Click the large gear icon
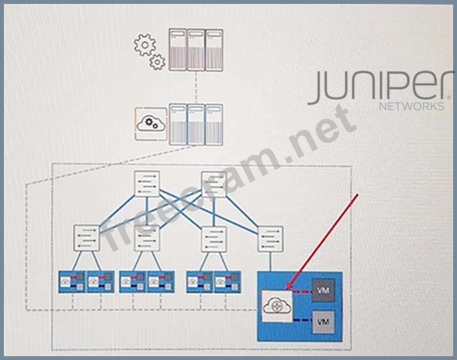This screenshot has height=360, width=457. [x=145, y=45]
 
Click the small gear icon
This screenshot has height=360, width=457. [x=157, y=62]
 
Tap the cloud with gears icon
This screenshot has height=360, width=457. [x=151, y=124]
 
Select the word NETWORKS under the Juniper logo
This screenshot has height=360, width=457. [x=412, y=106]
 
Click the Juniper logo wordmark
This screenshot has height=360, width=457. [x=380, y=87]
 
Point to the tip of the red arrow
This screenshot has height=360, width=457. [x=286, y=289]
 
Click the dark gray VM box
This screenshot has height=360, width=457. [x=323, y=290]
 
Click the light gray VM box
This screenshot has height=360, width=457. [x=323, y=322]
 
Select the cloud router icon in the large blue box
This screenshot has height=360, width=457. [x=277, y=306]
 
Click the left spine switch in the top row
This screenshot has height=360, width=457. [x=147, y=183]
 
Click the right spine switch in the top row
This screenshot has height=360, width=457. [x=214, y=184]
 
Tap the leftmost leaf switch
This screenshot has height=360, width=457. [x=87, y=238]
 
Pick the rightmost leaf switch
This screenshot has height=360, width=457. [x=270, y=239]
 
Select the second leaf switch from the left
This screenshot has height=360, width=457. [x=147, y=238]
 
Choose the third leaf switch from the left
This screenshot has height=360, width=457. [x=214, y=239]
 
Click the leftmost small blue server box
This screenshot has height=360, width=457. [x=71, y=282]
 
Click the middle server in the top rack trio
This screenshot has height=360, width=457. [x=196, y=50]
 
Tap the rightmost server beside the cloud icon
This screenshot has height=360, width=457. [x=214, y=124]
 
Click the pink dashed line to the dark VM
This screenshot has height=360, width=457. [x=303, y=290]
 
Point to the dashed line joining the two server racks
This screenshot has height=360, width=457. [x=196, y=87]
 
